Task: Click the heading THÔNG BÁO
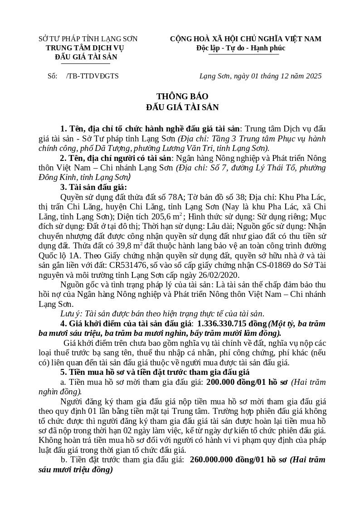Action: (182, 97)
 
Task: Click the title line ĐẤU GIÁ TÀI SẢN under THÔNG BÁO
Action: (182, 107)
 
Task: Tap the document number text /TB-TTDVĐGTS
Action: (92, 76)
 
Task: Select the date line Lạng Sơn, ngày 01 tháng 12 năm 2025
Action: (260, 76)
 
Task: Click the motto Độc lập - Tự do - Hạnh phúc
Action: (241, 48)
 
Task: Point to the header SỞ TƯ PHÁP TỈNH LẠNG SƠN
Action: (88, 39)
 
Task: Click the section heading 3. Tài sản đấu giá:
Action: (93, 188)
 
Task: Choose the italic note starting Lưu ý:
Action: (162, 314)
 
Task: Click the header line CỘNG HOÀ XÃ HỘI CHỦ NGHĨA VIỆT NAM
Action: (245, 39)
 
